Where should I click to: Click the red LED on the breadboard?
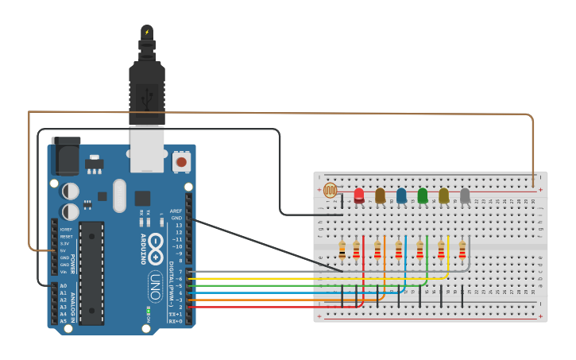coord(359,195)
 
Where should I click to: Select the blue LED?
coord(401,195)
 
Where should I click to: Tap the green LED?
coord(423,195)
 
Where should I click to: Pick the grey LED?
coord(465,195)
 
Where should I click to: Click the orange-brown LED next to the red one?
coord(380,195)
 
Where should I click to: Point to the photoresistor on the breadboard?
coord(330,191)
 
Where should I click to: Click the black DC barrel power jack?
coord(65,157)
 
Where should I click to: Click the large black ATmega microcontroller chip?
coord(91,273)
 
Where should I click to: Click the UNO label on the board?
coord(156,282)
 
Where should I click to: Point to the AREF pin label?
coord(176,211)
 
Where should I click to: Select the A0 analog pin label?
coord(64,285)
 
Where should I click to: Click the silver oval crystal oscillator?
coord(119,195)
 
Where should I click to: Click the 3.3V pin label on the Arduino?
coord(64,243)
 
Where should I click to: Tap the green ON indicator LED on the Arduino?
coord(148,310)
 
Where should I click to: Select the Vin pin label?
coord(64,272)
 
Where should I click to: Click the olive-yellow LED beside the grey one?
coord(443,195)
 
